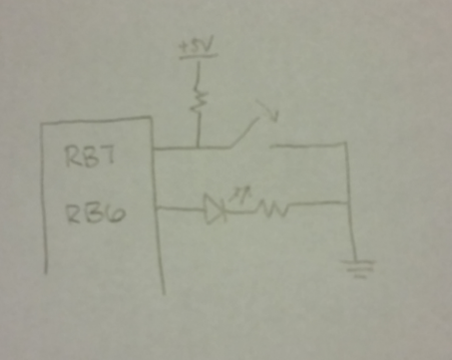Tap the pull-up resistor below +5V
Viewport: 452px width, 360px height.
(201, 100)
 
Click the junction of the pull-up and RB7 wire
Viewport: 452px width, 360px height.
(200, 149)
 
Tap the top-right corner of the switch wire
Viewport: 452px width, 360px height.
(347, 146)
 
